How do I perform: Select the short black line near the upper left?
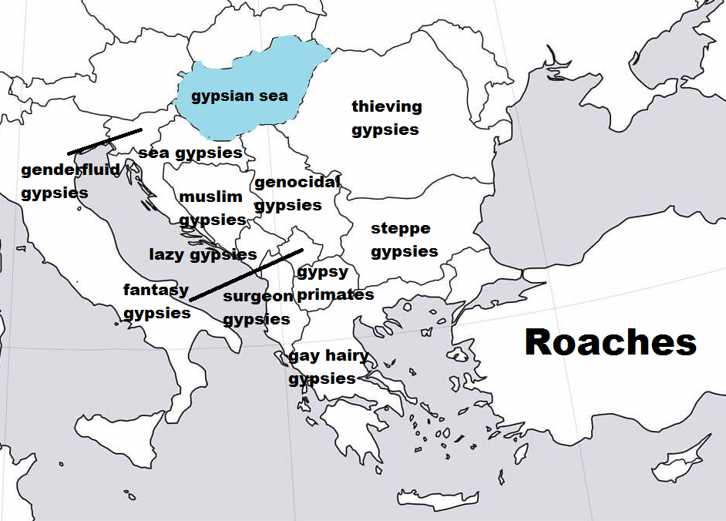[x=105, y=142]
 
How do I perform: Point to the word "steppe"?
[x=401, y=228]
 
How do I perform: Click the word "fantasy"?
[x=156, y=291]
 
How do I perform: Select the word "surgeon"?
[x=257, y=296]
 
